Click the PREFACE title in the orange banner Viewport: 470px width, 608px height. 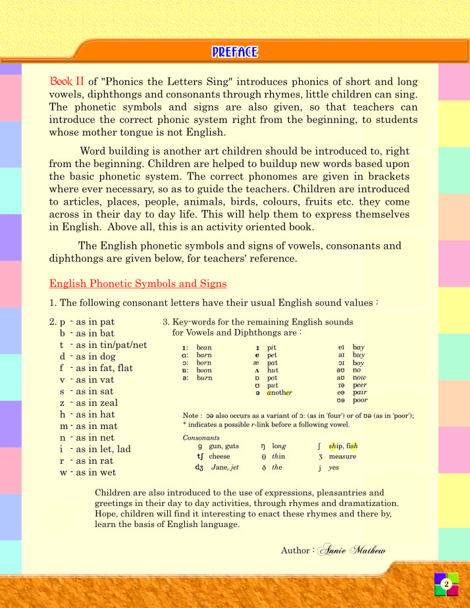(x=235, y=52)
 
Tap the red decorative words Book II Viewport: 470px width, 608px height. (x=67, y=82)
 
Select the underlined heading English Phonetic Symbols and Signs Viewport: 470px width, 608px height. (x=138, y=284)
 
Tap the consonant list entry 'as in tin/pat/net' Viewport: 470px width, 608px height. (x=107, y=345)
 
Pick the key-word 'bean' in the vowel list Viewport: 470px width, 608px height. (x=204, y=347)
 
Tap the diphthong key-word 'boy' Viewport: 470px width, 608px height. (x=358, y=363)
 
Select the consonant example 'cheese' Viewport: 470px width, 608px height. (x=219, y=456)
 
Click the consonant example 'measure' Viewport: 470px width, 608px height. (x=342, y=456)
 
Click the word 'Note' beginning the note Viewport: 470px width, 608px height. (x=191, y=416)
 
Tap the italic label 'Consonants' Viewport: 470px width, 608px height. (x=196, y=436)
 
